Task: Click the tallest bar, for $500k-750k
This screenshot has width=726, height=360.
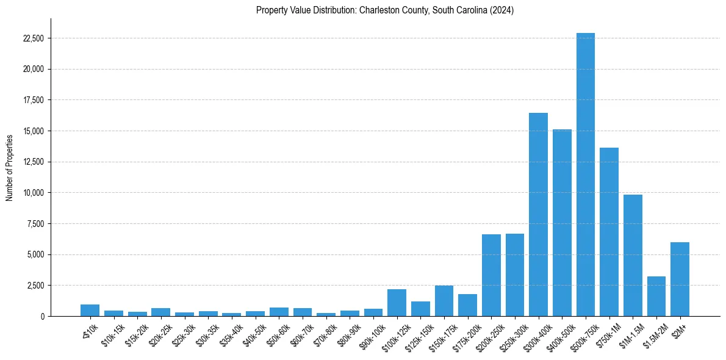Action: pyautogui.click(x=586, y=175)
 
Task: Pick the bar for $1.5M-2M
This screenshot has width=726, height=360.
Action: pyautogui.click(x=656, y=297)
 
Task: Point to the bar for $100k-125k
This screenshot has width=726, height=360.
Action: pyautogui.click(x=397, y=303)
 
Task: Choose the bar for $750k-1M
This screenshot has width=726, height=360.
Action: pyautogui.click(x=609, y=232)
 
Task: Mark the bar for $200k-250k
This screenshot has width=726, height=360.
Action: pyautogui.click(x=491, y=275)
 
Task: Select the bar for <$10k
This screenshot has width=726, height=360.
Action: pyautogui.click(x=90, y=311)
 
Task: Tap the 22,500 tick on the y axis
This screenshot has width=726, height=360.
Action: pyautogui.click(x=32, y=38)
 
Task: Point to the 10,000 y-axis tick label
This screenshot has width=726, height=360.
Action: pyautogui.click(x=32, y=193)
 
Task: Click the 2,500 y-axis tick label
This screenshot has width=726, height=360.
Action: pyautogui.click(x=35, y=286)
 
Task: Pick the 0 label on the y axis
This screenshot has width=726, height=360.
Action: pyautogui.click(x=43, y=316)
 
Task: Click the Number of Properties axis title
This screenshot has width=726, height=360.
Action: pyautogui.click(x=10, y=167)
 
